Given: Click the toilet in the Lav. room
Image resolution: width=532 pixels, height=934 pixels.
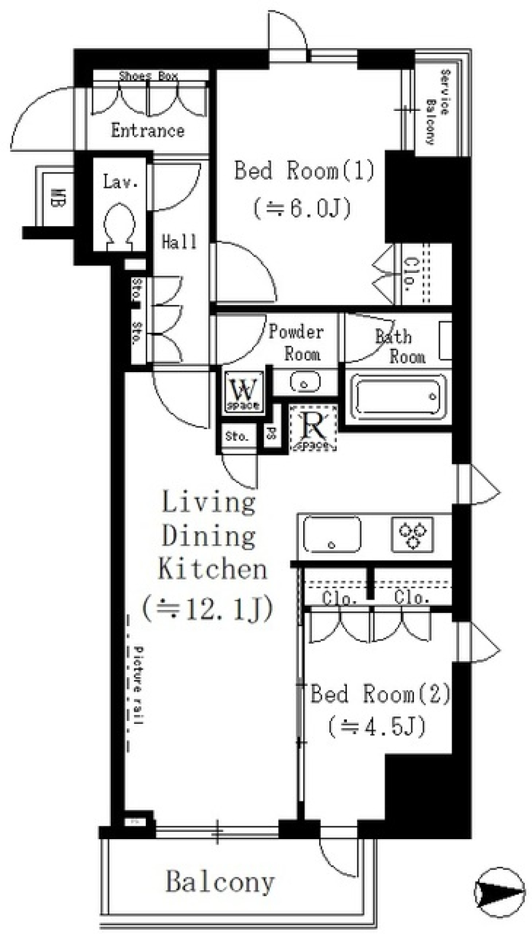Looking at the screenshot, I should pos(120,226).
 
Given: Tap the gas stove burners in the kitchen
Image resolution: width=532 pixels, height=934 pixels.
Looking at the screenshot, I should pos(412,534).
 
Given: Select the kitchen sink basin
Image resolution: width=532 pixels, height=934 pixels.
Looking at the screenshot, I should pos(331,535).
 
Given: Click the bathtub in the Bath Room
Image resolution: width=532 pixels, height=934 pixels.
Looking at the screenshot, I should pos(398,397).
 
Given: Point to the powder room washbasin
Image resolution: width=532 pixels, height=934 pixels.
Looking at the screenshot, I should pos(304,383).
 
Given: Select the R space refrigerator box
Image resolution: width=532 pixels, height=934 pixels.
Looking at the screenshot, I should pos(313,428).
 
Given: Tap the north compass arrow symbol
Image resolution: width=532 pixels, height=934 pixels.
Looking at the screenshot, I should pos(500,891).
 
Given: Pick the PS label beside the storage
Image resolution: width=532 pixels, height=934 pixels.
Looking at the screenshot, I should pos(271,433).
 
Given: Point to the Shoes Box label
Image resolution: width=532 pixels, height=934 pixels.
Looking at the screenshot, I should pos(149,76).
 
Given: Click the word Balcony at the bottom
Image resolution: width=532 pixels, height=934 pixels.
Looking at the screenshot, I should pos(219,881).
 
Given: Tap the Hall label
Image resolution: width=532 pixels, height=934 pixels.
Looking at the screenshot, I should pos(178,242).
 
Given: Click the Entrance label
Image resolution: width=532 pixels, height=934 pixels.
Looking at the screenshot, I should pos(147,131).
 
